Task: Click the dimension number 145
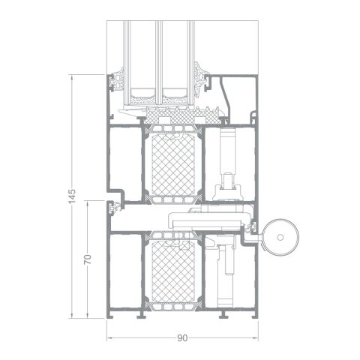(x=72, y=196)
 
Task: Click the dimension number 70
(x=88, y=259)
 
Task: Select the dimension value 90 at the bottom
(x=182, y=338)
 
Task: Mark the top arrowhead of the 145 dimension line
(x=72, y=76)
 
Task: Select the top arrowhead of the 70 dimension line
(x=88, y=202)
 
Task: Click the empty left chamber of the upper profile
(x=123, y=161)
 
